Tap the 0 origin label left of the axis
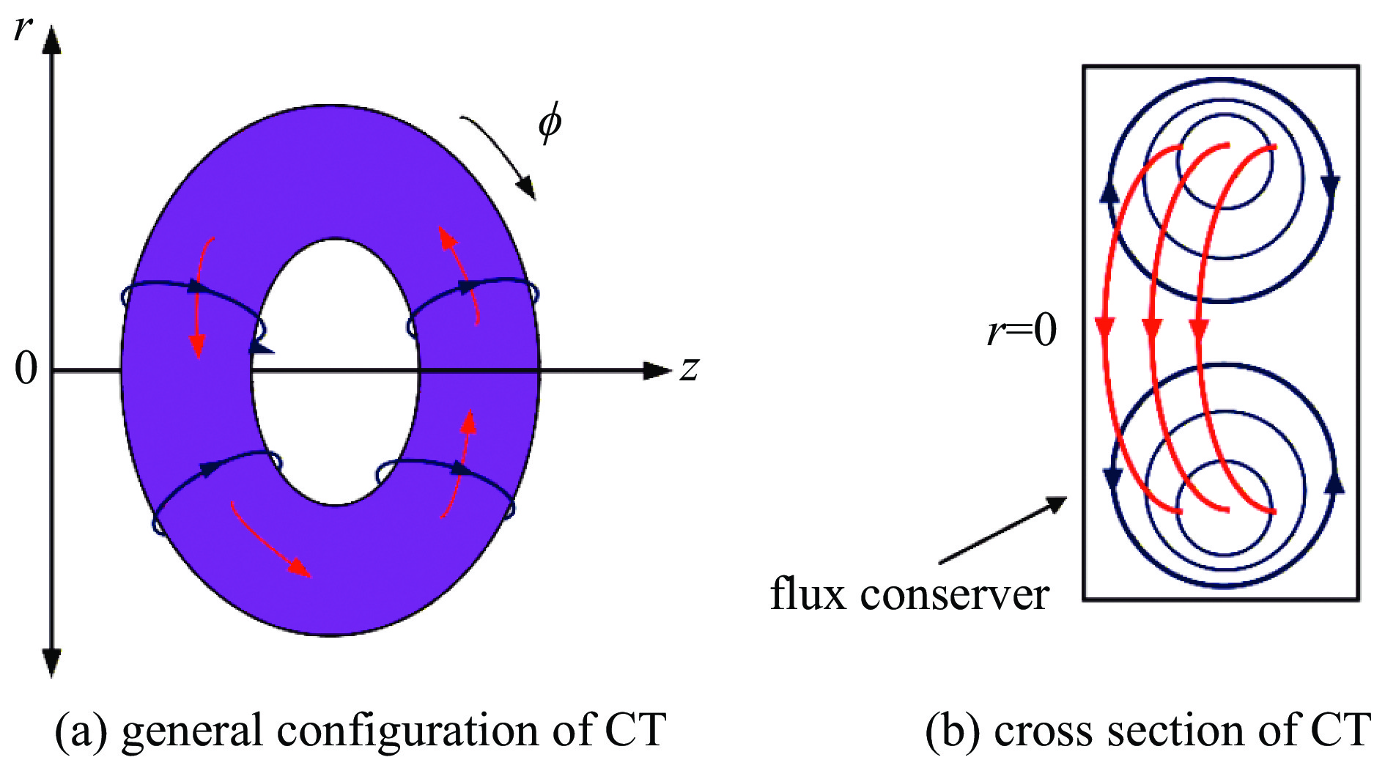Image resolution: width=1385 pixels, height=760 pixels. click(x=26, y=368)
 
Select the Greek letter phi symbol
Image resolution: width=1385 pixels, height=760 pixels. click(x=550, y=122)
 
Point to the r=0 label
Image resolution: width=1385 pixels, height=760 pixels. click(x=1022, y=331)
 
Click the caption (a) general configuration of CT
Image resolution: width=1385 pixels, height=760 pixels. click(x=361, y=730)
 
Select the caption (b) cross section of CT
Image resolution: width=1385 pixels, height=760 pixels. click(x=1147, y=730)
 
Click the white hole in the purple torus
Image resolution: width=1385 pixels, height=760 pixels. click(x=336, y=372)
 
